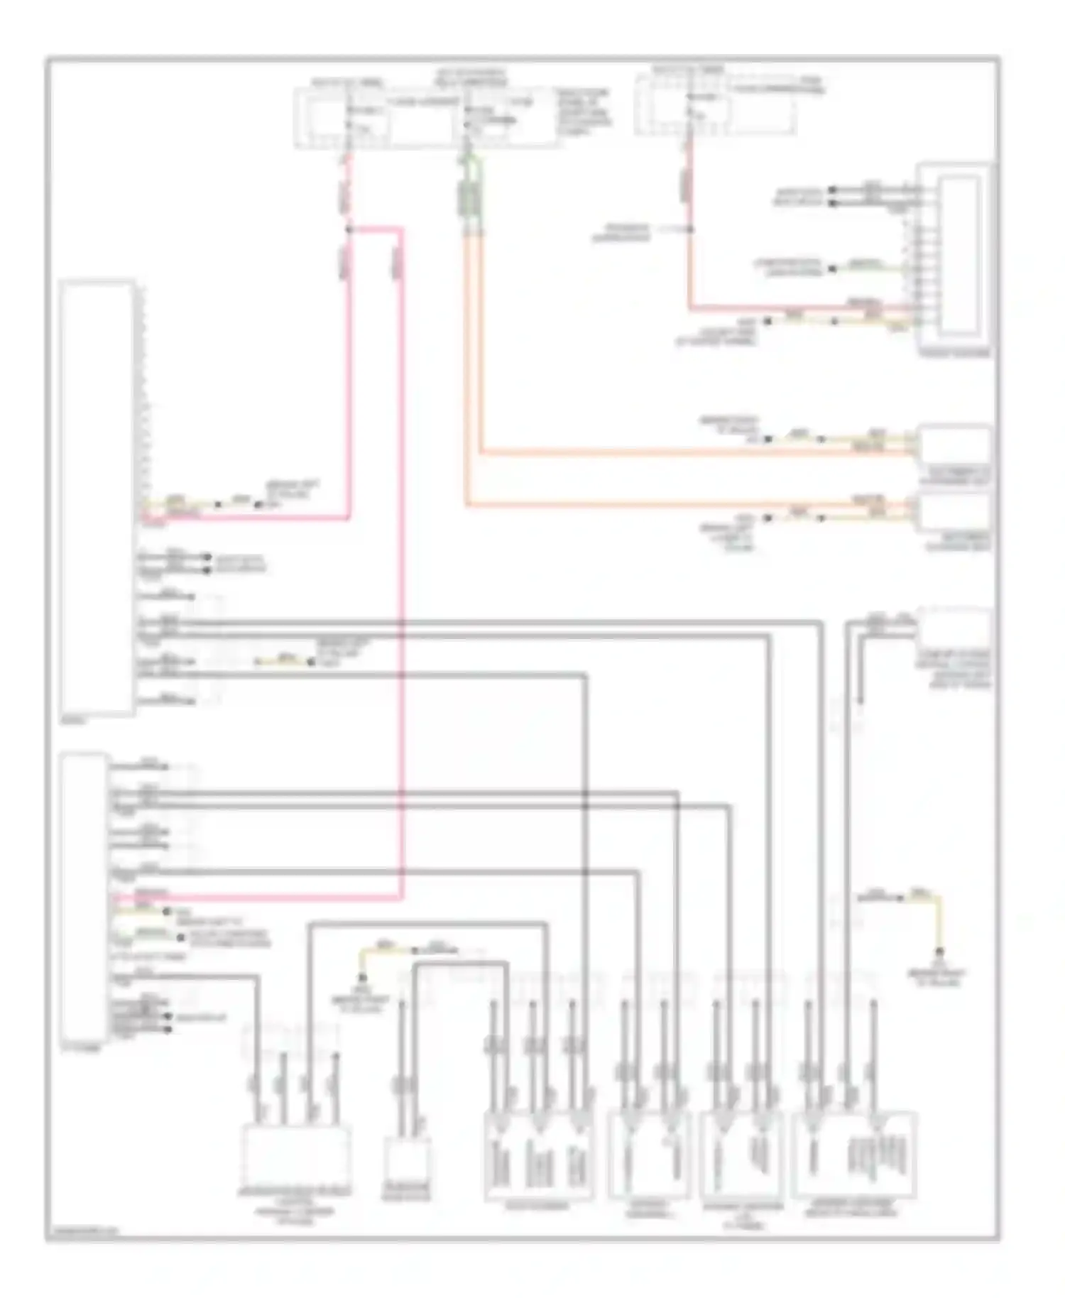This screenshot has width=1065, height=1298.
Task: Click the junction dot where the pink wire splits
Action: pyautogui.click(x=348, y=229)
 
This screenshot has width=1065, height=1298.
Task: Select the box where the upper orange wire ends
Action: pyautogui.click(x=954, y=445)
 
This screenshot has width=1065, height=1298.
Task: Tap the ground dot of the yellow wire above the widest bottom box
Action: pyautogui.click(x=939, y=951)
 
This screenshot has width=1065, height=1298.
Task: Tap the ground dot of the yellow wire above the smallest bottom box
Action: pyautogui.click(x=363, y=978)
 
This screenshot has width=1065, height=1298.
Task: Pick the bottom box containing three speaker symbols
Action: pyautogui.click(x=538, y=1155)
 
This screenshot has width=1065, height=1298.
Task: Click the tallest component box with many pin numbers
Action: pyautogui.click(x=98, y=497)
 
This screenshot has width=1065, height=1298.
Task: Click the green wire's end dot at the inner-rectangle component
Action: pyautogui.click(x=834, y=268)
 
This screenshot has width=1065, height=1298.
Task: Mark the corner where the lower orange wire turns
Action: pyautogui.click(x=467, y=505)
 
